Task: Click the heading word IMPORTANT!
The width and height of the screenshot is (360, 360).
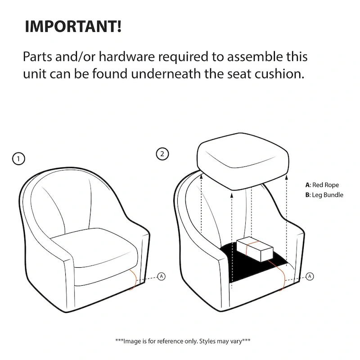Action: pyautogui.click(x=72, y=26)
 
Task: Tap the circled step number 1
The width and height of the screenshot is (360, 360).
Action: pyautogui.click(x=18, y=158)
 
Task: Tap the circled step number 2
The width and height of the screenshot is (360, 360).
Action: pyautogui.click(x=162, y=154)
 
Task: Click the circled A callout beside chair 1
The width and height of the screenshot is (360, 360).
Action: pyautogui.click(x=162, y=276)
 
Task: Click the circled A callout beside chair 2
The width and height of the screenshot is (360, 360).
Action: pyautogui.click(x=310, y=276)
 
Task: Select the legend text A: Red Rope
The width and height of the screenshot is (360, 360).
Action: pyautogui.click(x=322, y=185)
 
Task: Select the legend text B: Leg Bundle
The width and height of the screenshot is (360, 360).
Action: pyautogui.click(x=324, y=195)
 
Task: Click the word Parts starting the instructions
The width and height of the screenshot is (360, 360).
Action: pyautogui.click(x=39, y=57)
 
